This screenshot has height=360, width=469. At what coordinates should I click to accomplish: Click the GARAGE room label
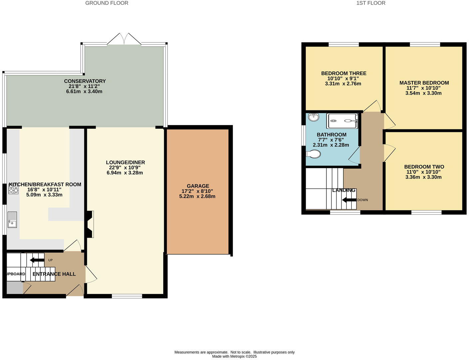pos(198,186)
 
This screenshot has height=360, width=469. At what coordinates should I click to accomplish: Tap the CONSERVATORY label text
pos(85,81)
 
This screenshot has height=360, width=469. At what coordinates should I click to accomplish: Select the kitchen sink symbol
pos(12,219)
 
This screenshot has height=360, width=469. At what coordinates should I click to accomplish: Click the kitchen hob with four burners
pos(13,189)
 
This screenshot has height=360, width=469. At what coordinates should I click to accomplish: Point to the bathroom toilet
pos(313,154)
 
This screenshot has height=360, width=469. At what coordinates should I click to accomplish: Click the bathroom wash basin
pos(313,117)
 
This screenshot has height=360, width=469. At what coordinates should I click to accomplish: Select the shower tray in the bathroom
pos(342,121)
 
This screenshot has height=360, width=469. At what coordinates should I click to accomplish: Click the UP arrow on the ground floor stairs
pos(37,260)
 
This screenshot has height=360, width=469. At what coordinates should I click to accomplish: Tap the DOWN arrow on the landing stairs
pos(349,200)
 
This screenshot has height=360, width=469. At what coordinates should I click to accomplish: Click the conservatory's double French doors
pos(124,39)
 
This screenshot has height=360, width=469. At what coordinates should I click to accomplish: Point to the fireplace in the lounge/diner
pos(89,224)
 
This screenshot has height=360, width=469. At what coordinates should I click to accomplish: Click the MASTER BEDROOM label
pos(424,83)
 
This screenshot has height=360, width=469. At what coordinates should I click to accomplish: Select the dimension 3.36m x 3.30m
pos(423,177)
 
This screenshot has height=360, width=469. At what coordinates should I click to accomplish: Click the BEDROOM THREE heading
pos(343,73)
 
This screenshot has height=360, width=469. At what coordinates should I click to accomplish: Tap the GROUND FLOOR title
pos(107,3)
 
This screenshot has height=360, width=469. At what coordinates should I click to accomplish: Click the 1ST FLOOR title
pos(371,3)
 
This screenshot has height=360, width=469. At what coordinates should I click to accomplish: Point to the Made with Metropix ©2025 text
pos(234,356)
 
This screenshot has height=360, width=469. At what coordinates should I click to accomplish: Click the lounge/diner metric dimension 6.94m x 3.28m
pos(125,173)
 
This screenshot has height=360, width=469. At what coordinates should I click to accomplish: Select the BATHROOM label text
pos(331,135)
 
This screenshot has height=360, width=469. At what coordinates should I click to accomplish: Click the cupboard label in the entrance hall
pos(15,274)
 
